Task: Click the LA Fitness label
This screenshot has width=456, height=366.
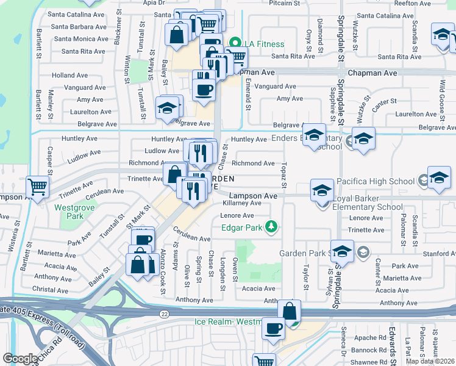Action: [x=262, y=44]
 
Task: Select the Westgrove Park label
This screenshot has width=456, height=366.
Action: [x=69, y=212]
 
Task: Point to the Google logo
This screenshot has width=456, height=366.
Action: [x=21, y=359]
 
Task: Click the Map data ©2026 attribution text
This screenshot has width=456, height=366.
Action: [x=430, y=361]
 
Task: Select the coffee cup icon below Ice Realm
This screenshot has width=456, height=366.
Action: [x=273, y=328]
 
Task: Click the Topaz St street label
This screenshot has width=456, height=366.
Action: [x=284, y=176]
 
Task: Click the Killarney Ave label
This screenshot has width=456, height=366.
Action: [x=242, y=203]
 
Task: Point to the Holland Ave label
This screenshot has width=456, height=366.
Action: [x=70, y=76]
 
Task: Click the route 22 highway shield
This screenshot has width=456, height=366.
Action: [x=164, y=313]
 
